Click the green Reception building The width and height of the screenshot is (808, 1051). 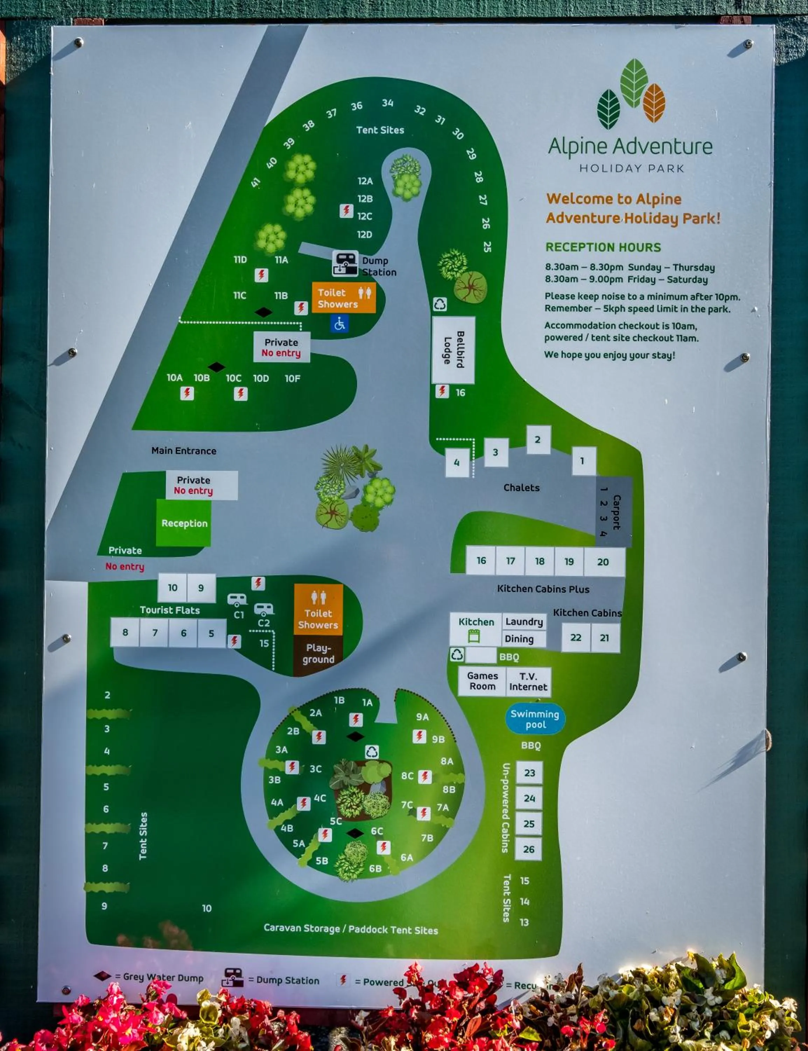[x=184, y=523]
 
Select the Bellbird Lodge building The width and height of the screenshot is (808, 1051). [x=453, y=350]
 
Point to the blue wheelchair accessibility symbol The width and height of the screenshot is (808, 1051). [x=340, y=324]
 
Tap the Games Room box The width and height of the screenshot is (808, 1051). [x=482, y=681]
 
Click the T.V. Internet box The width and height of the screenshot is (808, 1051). [x=528, y=681]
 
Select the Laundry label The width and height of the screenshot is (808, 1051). [x=524, y=622]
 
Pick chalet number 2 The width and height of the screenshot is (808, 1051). [x=538, y=439]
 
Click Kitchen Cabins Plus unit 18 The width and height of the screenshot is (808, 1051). [x=539, y=561]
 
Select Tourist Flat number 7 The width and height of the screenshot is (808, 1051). [x=154, y=633]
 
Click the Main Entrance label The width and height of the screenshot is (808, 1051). [x=184, y=451]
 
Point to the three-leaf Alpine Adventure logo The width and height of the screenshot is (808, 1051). [x=631, y=94]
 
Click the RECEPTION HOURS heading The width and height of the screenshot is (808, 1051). [x=603, y=247]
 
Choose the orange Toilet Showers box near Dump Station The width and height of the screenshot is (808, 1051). [x=343, y=298]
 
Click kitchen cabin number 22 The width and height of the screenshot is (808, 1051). [x=576, y=638]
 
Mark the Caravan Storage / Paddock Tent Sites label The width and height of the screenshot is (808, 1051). [x=351, y=929]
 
